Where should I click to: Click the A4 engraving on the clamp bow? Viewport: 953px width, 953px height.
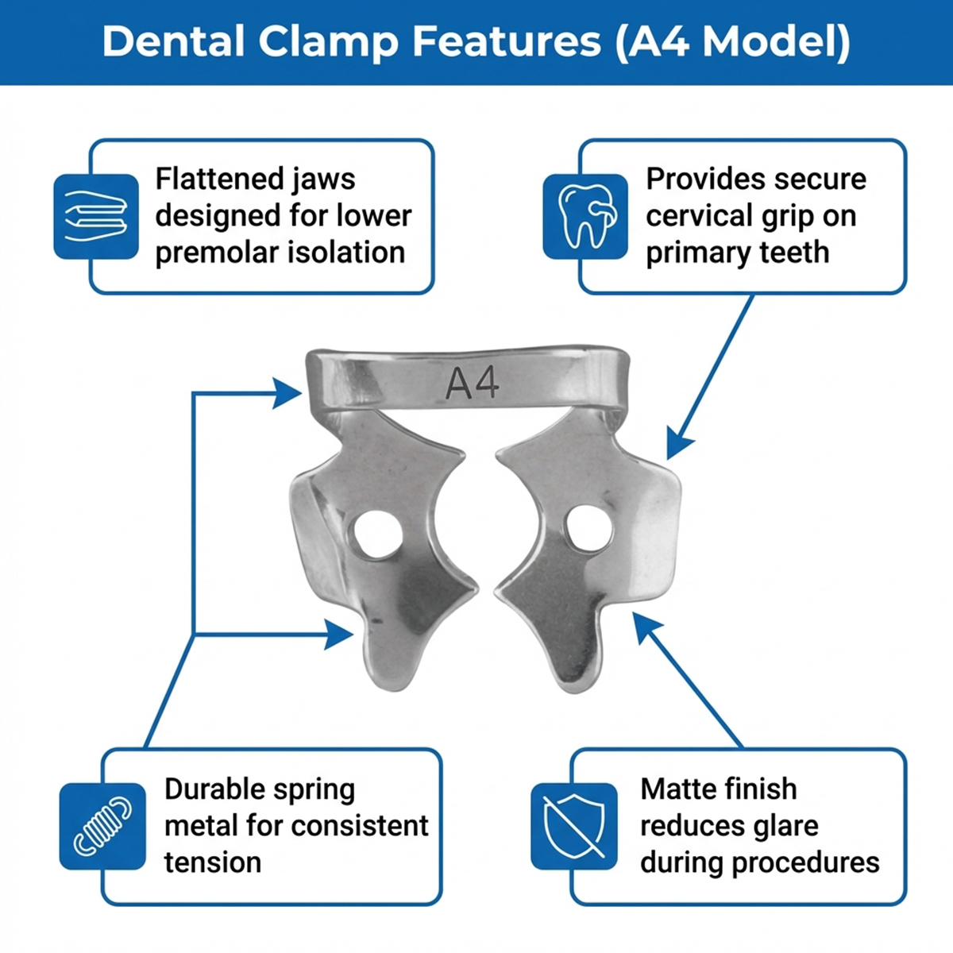[x=473, y=383]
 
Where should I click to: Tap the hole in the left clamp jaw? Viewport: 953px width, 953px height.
[x=377, y=533]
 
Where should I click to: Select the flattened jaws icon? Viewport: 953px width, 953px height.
[x=96, y=216]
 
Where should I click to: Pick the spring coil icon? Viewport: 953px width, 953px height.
[x=102, y=826]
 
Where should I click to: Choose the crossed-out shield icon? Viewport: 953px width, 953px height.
[x=574, y=826]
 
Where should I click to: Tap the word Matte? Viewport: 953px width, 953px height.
[x=674, y=789]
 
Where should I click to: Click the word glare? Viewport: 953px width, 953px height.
[x=780, y=826]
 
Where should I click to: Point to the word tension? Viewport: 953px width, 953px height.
[x=212, y=862]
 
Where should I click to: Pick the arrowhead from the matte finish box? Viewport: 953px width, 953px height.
[x=645, y=625]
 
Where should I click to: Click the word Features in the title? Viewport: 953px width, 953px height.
[x=507, y=41]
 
